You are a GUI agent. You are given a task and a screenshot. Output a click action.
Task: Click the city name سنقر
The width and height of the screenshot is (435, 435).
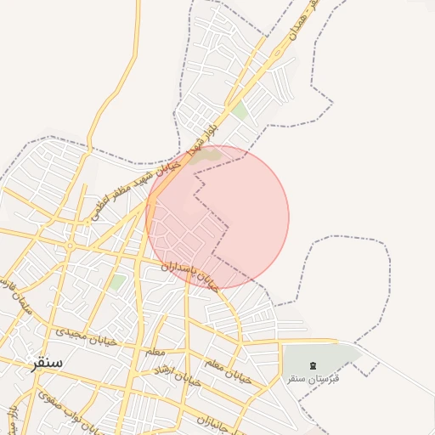pyautogui.click(x=48, y=364)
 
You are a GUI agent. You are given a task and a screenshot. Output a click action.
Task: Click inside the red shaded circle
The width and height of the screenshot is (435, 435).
pyautogui.click(x=246, y=212)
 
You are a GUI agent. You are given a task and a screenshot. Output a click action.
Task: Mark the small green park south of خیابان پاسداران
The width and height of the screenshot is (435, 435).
pyautogui.click(x=117, y=281)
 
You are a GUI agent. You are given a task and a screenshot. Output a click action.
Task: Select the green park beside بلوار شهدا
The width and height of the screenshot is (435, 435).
pyautogui.click(x=240, y=110)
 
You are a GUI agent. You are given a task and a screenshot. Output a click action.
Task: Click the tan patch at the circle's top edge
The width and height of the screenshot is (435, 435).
pyautogui.click(x=206, y=155)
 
